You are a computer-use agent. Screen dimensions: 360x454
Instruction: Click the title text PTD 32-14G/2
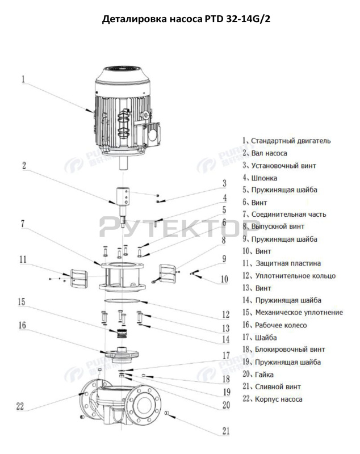click(237, 19)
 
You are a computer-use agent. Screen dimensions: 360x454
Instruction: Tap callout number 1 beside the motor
click(23, 79)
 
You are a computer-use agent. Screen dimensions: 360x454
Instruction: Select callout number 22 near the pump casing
click(20, 406)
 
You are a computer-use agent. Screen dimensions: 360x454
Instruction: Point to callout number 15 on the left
click(22, 302)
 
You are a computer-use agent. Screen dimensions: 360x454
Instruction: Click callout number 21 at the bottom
click(226, 431)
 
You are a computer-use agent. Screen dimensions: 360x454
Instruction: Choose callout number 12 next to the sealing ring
click(226, 314)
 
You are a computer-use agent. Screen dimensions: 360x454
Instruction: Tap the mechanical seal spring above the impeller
click(119, 334)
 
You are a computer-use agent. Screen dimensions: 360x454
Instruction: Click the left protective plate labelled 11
click(78, 278)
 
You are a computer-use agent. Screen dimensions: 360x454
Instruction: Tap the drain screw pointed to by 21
click(166, 413)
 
